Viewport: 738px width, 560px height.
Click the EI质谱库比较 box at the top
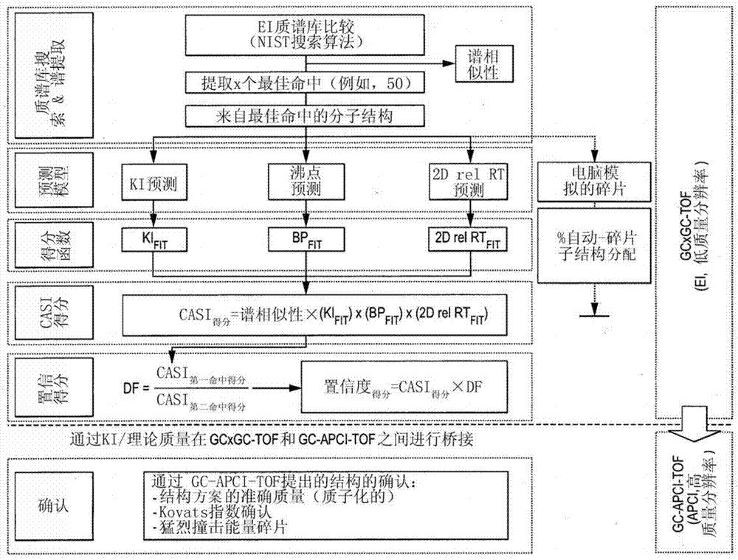[306, 35]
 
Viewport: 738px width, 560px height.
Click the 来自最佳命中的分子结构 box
[306, 116]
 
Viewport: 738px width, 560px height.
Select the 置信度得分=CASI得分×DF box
[402, 386]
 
